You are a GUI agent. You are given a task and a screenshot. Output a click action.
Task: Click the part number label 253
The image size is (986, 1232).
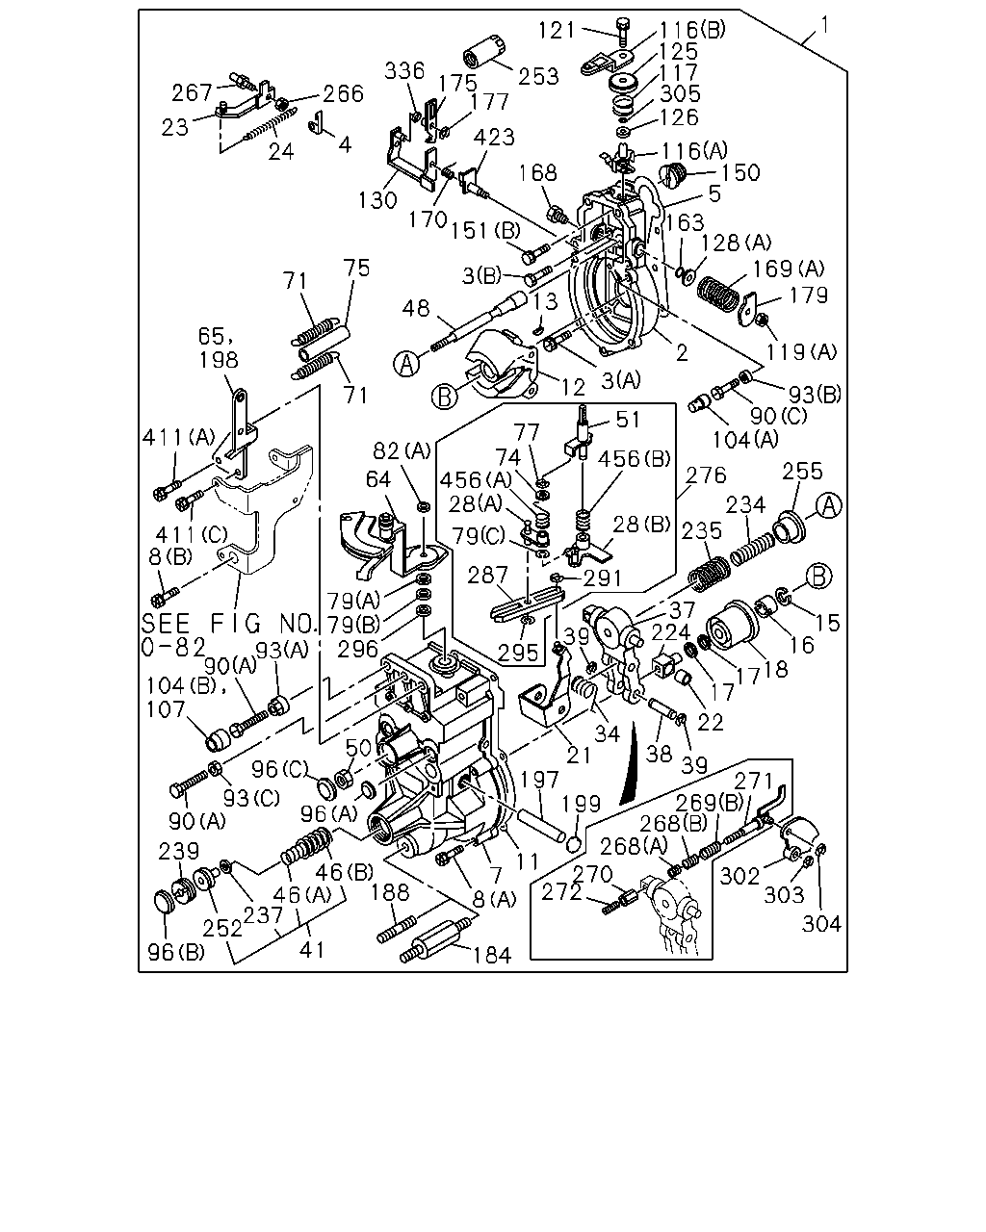pyautogui.click(x=538, y=76)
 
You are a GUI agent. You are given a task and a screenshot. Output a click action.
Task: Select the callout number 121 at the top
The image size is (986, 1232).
pyautogui.click(x=556, y=31)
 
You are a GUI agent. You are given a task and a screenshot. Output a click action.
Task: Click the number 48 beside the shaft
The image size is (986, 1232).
pyautogui.click(x=415, y=308)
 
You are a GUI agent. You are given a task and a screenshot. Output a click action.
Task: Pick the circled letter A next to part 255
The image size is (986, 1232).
pyautogui.click(x=829, y=506)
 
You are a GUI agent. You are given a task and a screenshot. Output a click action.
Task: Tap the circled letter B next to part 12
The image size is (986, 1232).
pyautogui.click(x=445, y=397)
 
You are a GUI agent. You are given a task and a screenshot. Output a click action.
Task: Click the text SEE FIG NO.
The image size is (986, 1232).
pyautogui.click(x=229, y=623)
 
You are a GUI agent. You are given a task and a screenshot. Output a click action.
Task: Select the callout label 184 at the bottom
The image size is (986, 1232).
pyautogui.click(x=492, y=955)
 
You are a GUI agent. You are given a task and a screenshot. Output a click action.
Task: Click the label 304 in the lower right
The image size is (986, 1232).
pyautogui.click(x=821, y=923)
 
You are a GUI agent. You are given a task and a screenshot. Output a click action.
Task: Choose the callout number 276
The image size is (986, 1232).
pyautogui.click(x=706, y=475)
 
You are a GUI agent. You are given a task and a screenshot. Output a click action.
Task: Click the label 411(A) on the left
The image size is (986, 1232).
pyautogui.click(x=178, y=438)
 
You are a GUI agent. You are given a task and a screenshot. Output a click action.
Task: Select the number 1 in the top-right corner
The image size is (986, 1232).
pyautogui.click(x=824, y=25)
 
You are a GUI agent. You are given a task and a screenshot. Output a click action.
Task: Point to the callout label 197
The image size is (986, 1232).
pyautogui.click(x=538, y=780)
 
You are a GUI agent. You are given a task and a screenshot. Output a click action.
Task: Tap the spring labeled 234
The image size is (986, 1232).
pyautogui.click(x=753, y=548)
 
